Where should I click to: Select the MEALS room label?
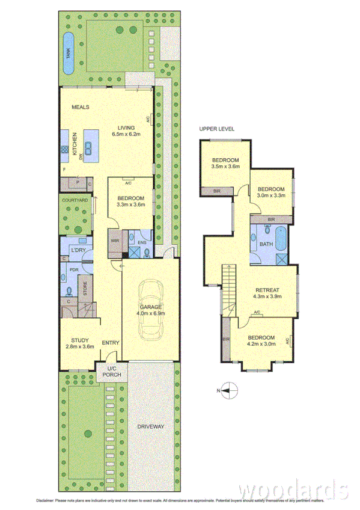point(81,107)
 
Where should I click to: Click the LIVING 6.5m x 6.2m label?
point(126,131)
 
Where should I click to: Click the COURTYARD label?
point(75,200)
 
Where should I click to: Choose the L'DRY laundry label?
point(77,250)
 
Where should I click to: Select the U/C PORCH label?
point(111,372)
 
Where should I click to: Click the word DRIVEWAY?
point(150,426)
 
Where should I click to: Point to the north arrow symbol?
point(226,391)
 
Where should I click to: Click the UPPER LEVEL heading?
point(217,129)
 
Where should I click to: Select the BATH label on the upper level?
point(265,244)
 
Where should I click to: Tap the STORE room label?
point(85,291)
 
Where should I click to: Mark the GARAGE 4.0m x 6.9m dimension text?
point(150,310)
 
